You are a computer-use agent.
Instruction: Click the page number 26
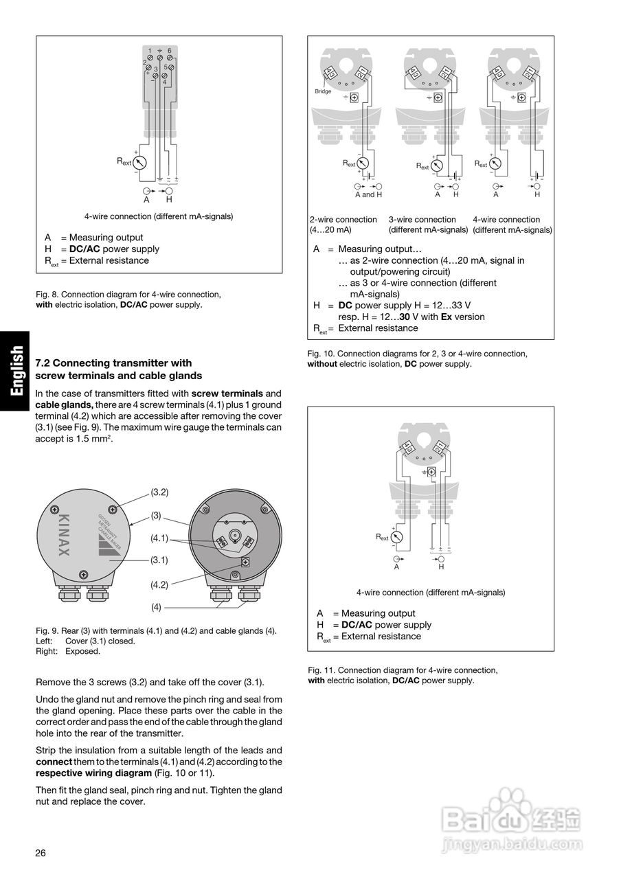tap(41, 853)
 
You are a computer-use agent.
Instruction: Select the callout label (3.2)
tap(159, 492)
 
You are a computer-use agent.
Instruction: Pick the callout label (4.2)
tap(159, 585)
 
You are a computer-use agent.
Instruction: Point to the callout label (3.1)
tap(159, 560)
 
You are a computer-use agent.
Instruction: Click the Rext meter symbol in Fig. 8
tap(141, 162)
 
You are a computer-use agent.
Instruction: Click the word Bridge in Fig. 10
tap(323, 91)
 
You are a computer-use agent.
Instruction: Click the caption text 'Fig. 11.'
tap(321, 670)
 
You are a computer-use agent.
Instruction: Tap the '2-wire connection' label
tap(343, 220)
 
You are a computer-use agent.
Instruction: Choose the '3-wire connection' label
tap(422, 220)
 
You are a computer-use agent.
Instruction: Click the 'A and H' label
tap(368, 194)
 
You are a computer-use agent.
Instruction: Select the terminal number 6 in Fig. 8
tap(170, 51)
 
